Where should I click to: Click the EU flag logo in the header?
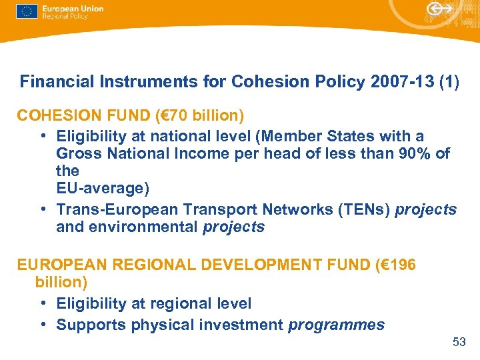click(x=27, y=12)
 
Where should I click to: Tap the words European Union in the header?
click(x=72, y=9)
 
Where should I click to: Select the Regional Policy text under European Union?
click(x=64, y=17)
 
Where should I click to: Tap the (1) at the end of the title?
click(x=448, y=82)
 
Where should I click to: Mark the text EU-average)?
click(x=102, y=189)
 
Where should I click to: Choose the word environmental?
click(x=143, y=227)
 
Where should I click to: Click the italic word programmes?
click(x=336, y=325)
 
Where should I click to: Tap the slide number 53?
click(x=459, y=342)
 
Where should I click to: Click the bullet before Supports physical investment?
click(x=42, y=325)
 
